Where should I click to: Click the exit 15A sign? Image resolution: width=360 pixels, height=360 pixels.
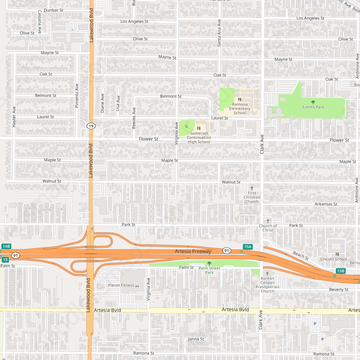pos(247,247)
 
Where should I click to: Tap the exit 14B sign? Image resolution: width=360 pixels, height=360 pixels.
pos(6,246)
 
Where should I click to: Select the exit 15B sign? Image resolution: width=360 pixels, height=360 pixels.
pos(341,271)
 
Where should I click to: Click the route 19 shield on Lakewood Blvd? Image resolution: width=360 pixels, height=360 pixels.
pos(91,126)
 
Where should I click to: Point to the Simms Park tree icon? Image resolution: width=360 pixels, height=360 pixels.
pos(313,102)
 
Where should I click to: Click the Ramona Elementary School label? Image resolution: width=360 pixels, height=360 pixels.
pos(240,109)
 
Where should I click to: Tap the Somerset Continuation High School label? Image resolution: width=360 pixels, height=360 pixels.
pos(199,138)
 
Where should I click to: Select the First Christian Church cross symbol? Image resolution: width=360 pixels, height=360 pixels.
pos(252,188)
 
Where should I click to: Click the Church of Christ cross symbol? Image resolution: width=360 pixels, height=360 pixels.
pos(267,221)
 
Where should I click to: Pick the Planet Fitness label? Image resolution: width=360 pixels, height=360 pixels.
pos(121,285)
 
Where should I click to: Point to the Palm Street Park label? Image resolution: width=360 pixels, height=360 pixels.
pos(209,270)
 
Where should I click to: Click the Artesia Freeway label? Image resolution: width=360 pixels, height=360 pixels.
pos(193,251)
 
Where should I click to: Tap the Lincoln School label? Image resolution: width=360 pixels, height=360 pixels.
pos(334,259)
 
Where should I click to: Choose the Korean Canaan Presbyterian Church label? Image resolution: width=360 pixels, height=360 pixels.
pos(267,285)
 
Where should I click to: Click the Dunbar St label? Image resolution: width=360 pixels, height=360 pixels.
pos(53,10)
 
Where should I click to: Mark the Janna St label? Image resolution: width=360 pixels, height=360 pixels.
pos(196,339)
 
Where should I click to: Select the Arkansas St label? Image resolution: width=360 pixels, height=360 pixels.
pos(326,204)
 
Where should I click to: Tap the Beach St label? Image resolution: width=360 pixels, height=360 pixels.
pos(301,256)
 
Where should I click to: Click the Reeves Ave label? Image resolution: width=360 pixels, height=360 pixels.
pos(134,118)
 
